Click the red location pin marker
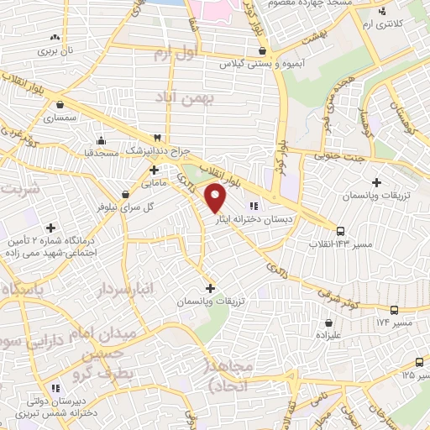coord(217,197)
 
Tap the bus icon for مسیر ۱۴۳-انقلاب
coord(340,231)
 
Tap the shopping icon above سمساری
coord(61,106)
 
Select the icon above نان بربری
coord(55,37)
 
